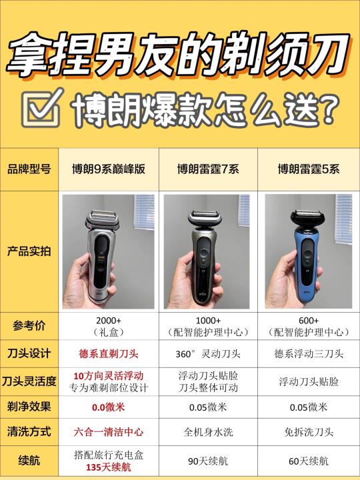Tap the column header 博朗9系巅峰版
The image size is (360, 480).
(109, 169)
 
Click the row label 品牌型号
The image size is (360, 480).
(29, 169)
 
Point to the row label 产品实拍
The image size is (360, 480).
(29, 252)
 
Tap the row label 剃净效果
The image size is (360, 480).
(29, 406)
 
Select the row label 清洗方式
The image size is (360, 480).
(29, 431)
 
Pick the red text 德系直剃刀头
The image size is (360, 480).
(109, 353)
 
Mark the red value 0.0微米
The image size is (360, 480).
(109, 406)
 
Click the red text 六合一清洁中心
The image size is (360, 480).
(109, 431)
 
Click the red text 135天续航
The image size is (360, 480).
(109, 467)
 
